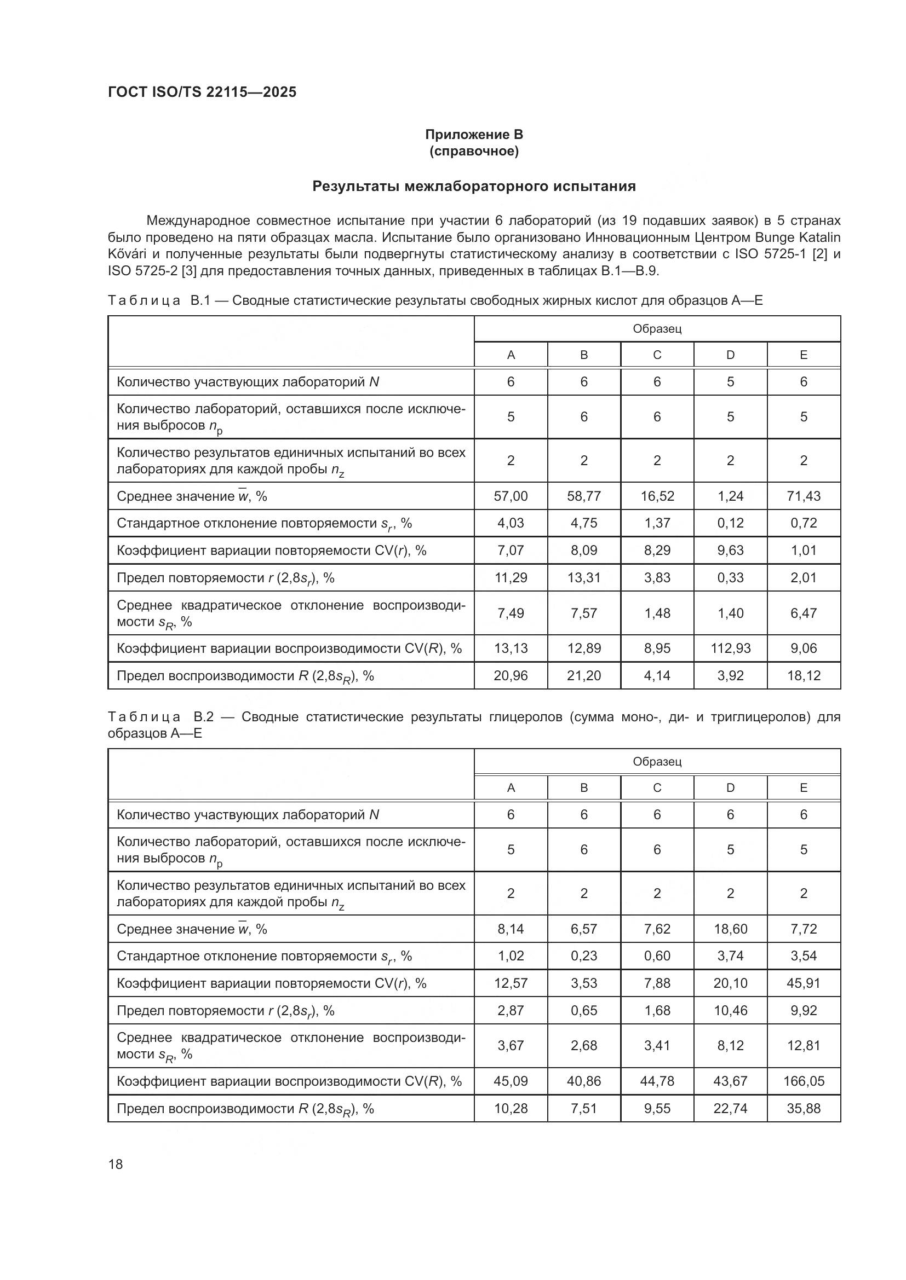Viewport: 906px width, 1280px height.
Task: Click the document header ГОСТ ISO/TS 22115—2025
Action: point(202,92)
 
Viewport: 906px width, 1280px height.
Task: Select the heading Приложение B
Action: point(474,135)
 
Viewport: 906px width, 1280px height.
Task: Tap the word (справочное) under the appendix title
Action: point(474,152)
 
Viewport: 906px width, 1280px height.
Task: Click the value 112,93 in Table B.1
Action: point(730,648)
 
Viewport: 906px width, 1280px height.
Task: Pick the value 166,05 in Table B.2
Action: point(804,1081)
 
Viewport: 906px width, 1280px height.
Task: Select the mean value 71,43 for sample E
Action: point(804,496)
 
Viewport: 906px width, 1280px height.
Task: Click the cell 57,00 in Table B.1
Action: point(511,496)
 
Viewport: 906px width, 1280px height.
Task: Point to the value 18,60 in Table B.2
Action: point(730,929)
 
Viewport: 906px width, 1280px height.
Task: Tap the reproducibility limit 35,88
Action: point(804,1109)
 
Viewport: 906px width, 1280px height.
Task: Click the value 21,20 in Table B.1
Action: point(583,676)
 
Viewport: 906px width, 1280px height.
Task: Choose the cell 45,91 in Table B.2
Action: point(804,983)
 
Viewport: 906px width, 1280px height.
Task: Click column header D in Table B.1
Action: point(730,355)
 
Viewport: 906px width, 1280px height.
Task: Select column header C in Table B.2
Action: point(657,787)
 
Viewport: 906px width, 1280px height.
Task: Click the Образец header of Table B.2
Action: point(657,762)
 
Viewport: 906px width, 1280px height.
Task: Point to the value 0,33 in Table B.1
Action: point(730,577)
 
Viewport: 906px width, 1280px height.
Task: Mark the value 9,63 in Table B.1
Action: point(730,550)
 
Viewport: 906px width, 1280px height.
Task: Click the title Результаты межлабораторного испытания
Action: point(474,186)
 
